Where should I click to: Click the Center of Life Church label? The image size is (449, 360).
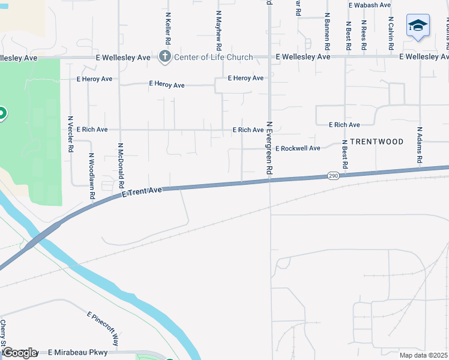click(x=213, y=57)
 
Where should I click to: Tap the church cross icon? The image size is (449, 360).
click(x=165, y=57)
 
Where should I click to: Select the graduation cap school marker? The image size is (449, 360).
click(x=418, y=26)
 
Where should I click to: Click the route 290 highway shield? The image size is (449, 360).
click(x=334, y=176)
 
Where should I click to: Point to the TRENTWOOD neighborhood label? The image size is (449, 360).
click(x=376, y=142)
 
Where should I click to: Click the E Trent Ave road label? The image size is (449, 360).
click(x=142, y=192)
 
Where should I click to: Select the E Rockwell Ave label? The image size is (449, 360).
click(x=298, y=148)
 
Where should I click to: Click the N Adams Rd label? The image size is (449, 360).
click(x=420, y=145)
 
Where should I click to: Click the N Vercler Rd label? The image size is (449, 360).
click(x=71, y=133)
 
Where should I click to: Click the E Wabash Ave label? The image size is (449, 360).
click(x=370, y=5)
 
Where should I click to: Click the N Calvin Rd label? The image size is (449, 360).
click(x=390, y=29)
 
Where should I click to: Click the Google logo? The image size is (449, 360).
click(x=19, y=353)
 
